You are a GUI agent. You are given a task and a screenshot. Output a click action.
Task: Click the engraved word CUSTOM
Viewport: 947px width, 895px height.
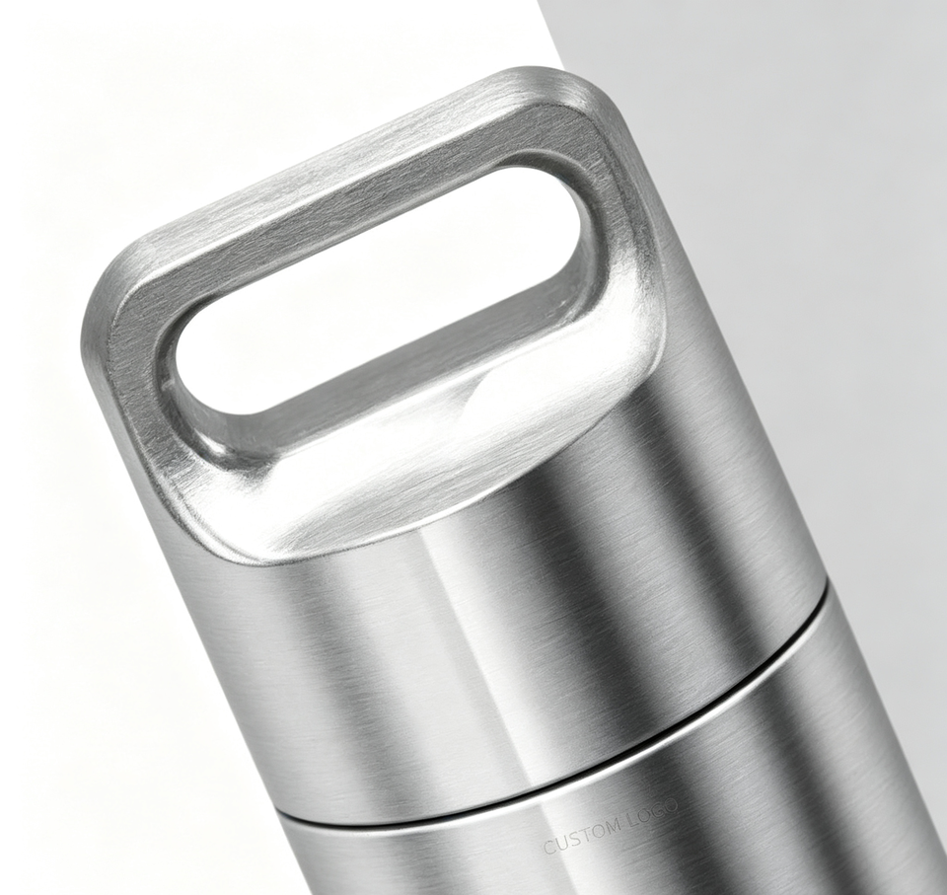coord(582,835)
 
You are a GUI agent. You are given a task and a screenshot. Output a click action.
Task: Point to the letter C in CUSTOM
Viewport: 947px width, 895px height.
coord(549,847)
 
